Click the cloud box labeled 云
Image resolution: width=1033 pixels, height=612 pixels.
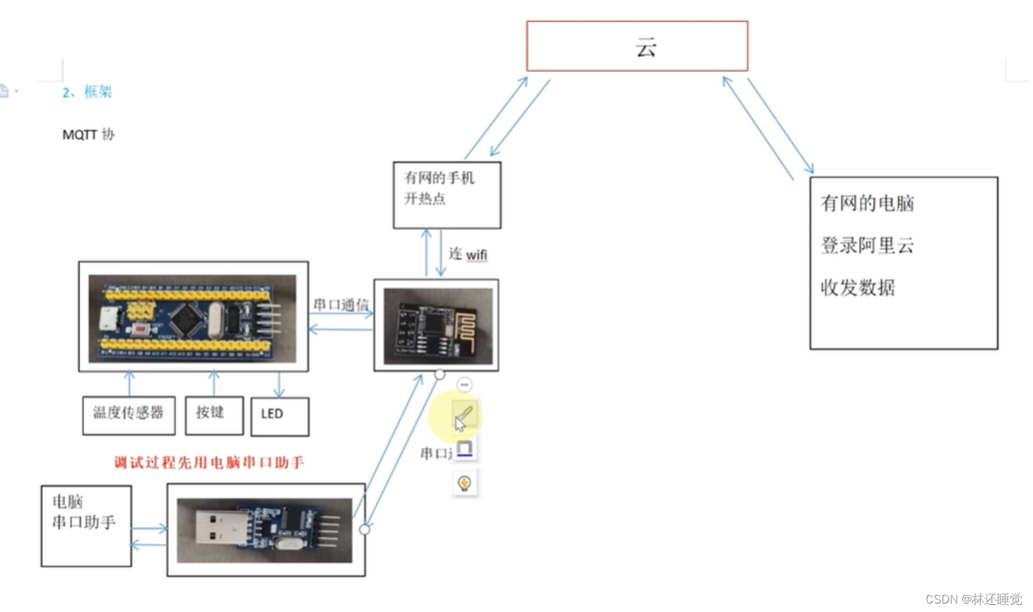(637, 47)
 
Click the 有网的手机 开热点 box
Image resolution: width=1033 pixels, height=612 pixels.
(447, 195)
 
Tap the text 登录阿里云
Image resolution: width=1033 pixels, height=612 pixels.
(867, 246)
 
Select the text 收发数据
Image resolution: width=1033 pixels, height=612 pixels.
(857, 288)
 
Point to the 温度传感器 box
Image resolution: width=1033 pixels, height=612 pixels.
(129, 415)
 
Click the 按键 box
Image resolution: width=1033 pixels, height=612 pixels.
(214, 415)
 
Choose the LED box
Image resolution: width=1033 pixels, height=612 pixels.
(280, 416)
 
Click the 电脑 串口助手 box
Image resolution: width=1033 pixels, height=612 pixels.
(86, 525)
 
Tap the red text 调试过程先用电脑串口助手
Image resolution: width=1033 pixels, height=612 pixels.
(209, 463)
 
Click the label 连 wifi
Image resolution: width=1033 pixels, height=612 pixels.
(468, 254)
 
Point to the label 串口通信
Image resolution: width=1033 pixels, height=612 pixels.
(341, 305)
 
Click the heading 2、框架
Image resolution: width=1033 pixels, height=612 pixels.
(87, 92)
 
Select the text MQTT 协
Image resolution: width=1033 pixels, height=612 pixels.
(88, 134)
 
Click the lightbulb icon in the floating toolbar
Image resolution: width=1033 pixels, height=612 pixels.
(464, 483)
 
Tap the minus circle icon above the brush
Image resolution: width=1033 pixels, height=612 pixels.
(464, 384)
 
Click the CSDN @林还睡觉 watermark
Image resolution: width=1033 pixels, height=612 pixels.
(973, 599)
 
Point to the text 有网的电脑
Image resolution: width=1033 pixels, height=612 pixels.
(867, 204)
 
